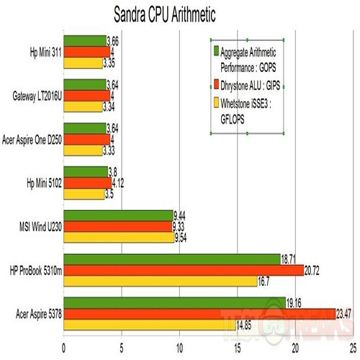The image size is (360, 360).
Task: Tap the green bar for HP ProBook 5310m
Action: coord(172,259)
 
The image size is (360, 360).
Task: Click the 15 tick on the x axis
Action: coord(238,346)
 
